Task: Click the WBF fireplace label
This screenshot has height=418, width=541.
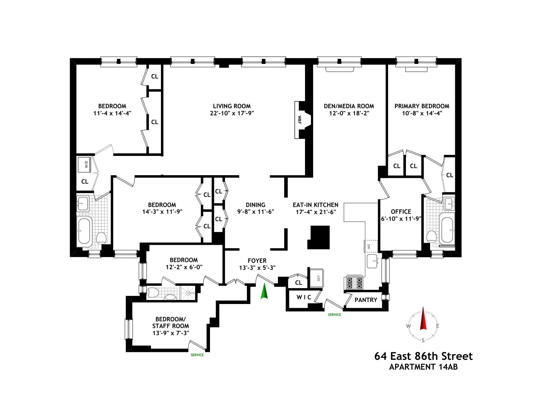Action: [x=299, y=120]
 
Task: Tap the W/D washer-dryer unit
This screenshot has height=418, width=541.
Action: [x=85, y=164]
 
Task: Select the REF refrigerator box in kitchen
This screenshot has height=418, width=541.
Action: [x=317, y=278]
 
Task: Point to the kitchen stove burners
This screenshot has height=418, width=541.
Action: [x=354, y=283]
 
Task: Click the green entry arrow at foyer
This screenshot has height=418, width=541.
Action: [x=264, y=292]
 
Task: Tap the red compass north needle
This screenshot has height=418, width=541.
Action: [x=423, y=319]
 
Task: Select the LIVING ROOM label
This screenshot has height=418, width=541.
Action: [x=232, y=106]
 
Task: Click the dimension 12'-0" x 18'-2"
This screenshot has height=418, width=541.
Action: [x=349, y=113]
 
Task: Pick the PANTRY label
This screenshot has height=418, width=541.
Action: [x=366, y=300]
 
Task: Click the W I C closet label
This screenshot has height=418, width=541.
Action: [x=304, y=297]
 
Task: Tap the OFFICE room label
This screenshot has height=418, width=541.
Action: [x=401, y=211]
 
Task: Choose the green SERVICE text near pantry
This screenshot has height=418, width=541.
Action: [x=334, y=315]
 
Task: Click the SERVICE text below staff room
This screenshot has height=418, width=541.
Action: [x=197, y=355]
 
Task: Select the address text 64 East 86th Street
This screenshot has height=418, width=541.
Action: [x=423, y=356]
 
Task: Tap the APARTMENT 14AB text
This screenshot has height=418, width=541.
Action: [x=423, y=367]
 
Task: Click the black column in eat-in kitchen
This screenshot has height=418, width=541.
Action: [x=319, y=237]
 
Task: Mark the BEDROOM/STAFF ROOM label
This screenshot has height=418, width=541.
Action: [x=170, y=322]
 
